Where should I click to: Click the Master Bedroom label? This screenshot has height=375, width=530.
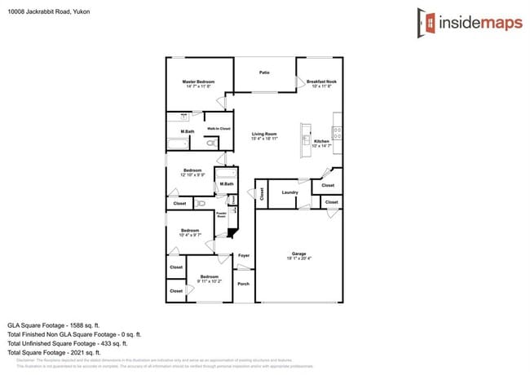click(198, 82)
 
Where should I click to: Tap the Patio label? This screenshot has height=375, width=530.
click(264, 73)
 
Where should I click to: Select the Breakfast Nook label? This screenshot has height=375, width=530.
click(321, 82)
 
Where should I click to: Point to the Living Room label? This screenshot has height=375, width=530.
click(264, 134)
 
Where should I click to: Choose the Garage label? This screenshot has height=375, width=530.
click(298, 254)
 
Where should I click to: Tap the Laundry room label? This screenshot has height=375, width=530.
click(289, 192)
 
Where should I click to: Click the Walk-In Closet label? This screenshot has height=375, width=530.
click(218, 129)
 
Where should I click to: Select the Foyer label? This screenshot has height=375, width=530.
click(243, 255)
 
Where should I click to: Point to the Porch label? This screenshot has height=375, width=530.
click(243, 284)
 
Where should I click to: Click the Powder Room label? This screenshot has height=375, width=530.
click(221, 215)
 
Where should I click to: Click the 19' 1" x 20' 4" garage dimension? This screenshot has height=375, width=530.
click(298, 258)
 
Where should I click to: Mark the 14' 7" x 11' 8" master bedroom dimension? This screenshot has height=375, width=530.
click(198, 86)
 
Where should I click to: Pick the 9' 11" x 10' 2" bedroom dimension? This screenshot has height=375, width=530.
click(209, 281)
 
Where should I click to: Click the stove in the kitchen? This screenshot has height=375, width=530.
click(337, 133)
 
